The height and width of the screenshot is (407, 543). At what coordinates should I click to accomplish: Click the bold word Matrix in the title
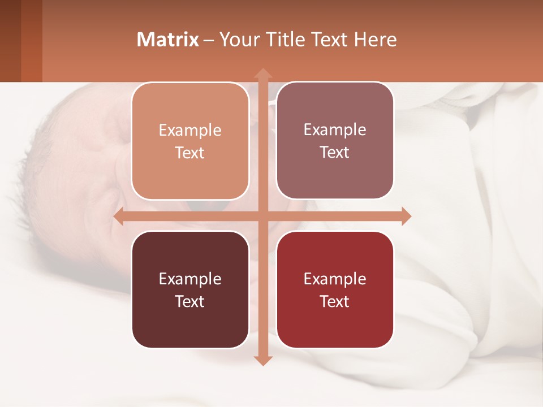coord(168,40)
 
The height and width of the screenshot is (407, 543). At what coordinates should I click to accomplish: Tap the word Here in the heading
coord(375,40)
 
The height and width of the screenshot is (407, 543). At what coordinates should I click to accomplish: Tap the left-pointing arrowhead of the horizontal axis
coord(119,217)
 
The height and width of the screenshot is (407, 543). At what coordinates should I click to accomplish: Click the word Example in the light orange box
coord(190,131)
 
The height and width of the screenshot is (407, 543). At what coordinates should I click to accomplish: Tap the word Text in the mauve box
coord(335,153)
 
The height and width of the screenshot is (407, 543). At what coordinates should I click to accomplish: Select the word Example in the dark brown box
coord(190,279)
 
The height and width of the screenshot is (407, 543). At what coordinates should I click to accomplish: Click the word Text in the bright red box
coord(335,301)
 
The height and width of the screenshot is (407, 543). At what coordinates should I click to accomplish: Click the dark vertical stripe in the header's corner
coord(10,41)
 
